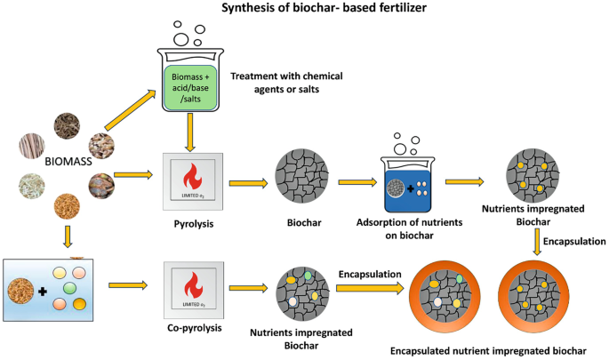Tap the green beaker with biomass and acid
192,81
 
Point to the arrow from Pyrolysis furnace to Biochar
250,183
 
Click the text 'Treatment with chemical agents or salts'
286,83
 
